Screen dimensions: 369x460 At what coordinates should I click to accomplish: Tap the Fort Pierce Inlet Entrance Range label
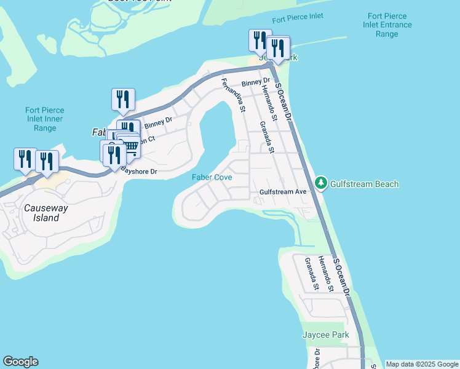point(391,25)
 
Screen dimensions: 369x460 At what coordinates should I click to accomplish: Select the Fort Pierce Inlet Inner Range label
point(45,119)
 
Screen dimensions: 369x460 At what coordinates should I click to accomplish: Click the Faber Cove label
point(212,177)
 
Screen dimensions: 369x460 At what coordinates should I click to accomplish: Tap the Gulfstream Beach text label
point(365,184)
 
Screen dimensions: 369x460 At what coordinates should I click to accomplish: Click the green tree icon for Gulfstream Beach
point(320,183)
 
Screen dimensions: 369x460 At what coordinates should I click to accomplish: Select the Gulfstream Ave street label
point(283,192)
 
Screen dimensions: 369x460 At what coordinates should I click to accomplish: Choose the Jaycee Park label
point(326,335)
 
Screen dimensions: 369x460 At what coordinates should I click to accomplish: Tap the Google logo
point(20,362)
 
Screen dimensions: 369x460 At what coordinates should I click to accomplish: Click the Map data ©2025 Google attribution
point(422,364)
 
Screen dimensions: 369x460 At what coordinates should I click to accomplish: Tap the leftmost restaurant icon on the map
point(25,159)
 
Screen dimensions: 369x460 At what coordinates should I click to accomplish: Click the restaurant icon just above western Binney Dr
point(123,99)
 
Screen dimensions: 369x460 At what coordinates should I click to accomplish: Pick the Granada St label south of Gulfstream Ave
point(311,273)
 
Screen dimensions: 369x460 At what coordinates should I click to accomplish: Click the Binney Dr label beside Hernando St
point(256,82)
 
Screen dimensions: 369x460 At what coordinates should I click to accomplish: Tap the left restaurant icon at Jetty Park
point(260,40)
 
